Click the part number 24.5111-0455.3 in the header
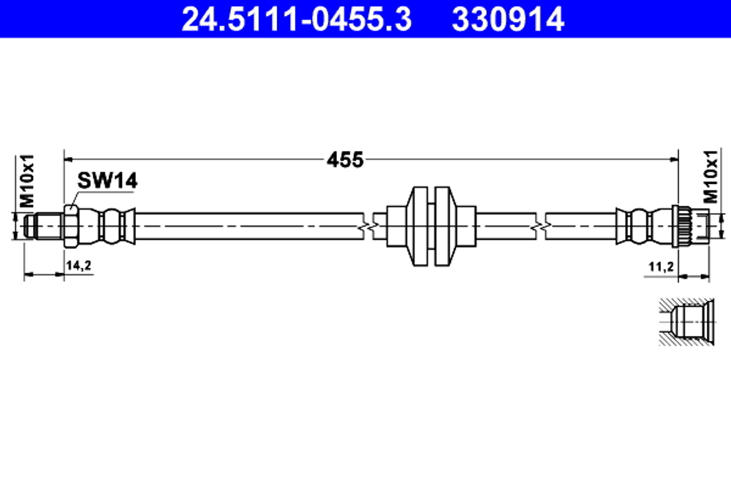pos(296,19)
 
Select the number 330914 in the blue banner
pos(508,19)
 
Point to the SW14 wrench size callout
pos(107,182)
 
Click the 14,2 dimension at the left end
pos(78,266)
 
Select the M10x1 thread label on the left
pos(26,179)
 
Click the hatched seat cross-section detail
pos(683,321)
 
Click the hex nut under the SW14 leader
pos(70,226)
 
